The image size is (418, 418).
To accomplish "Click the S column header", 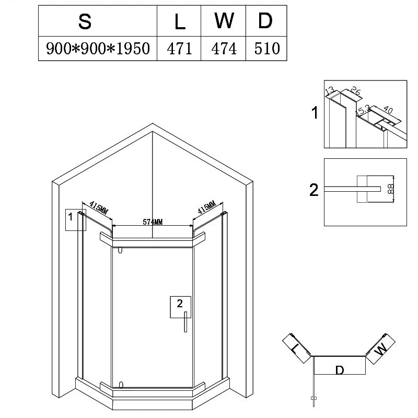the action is (x=85, y=21).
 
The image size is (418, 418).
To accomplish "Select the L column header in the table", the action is (x=180, y=21).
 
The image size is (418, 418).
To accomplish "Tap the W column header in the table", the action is (x=224, y=20).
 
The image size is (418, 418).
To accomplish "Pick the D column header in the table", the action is (x=265, y=20).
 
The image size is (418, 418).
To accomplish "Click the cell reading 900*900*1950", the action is (x=98, y=49).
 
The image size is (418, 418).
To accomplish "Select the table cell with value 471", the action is (x=179, y=49).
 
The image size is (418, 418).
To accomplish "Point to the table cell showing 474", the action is (x=224, y=49).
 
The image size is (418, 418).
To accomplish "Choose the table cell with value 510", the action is (x=267, y=49).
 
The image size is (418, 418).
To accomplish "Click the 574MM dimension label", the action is (x=153, y=222).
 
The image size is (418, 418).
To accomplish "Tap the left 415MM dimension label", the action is (x=99, y=207).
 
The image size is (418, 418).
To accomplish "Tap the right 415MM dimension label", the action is (x=206, y=207).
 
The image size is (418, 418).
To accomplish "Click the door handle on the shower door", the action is (x=185, y=322).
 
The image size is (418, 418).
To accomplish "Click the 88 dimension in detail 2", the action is (x=390, y=189).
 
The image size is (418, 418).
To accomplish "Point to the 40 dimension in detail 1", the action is (x=388, y=110).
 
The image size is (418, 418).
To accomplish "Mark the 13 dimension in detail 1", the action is (x=330, y=90).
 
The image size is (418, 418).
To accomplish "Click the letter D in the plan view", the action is (x=339, y=370).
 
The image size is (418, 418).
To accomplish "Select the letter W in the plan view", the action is (x=381, y=349).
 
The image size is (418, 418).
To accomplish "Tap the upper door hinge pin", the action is (x=120, y=250).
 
